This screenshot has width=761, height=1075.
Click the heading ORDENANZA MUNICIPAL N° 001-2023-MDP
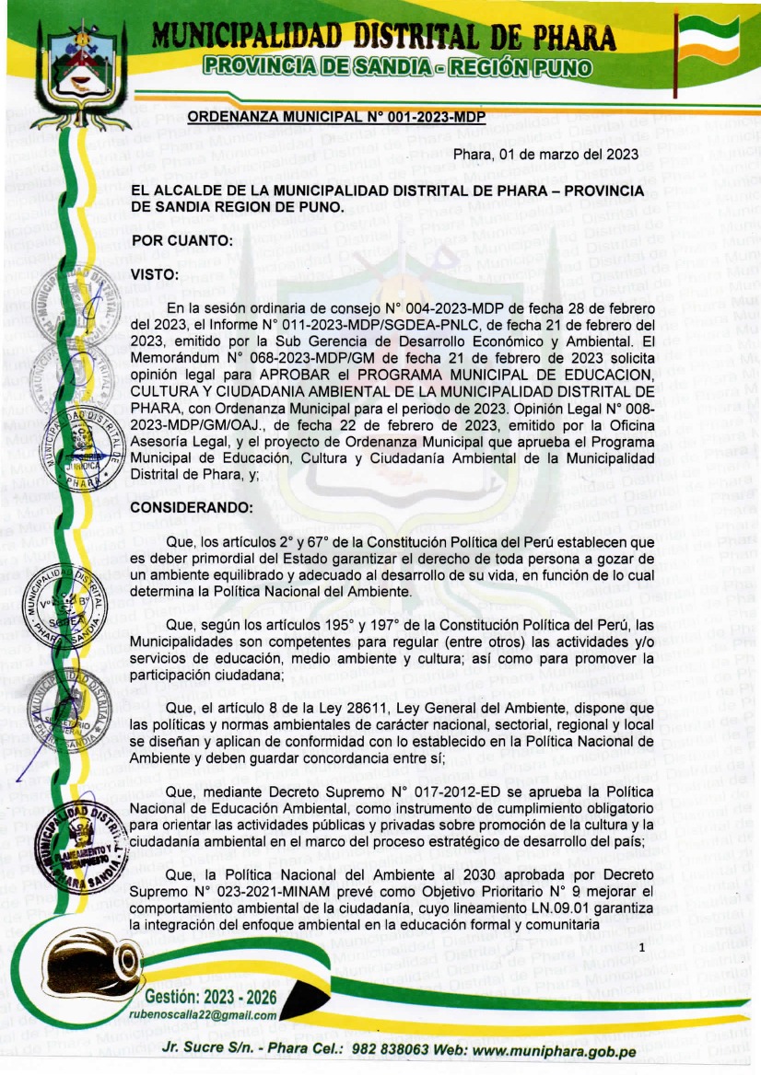click(x=335, y=117)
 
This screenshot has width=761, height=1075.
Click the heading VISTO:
click(x=154, y=274)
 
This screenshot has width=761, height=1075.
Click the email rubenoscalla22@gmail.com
click(x=203, y=1015)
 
